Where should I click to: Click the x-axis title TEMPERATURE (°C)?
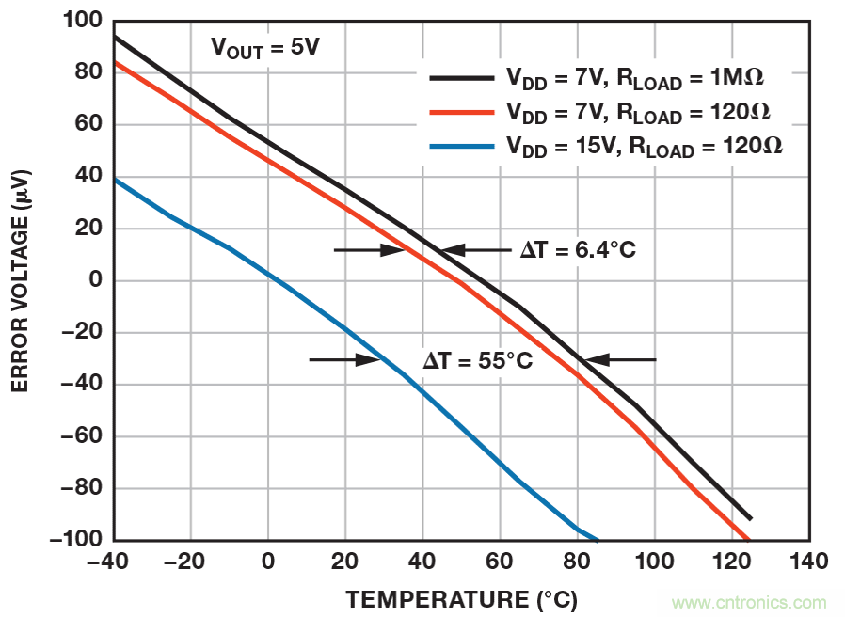pyautogui.click(x=461, y=599)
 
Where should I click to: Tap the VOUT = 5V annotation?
pyautogui.click(x=266, y=47)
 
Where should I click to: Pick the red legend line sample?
pyautogui.click(x=461, y=113)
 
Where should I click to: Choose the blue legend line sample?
pyautogui.click(x=461, y=146)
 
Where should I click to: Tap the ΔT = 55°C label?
pyautogui.click(x=477, y=359)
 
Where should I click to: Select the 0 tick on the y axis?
pyautogui.click(x=93, y=280)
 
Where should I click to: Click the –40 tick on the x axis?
pyautogui.click(x=113, y=562)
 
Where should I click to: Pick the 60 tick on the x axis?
pyautogui.click(x=499, y=562)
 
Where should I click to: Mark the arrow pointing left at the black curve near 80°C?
pyautogui.click(x=617, y=359)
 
